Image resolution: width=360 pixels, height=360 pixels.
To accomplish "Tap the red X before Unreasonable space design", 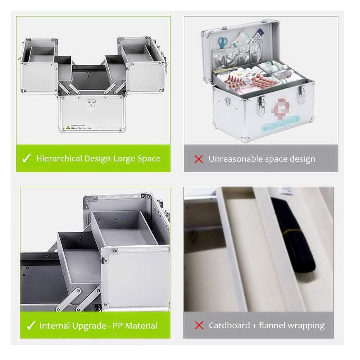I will coord(199,159).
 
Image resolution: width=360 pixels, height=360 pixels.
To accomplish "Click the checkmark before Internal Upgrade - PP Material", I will coord(31,326).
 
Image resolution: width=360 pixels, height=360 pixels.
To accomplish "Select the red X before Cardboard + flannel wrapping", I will coord(199,326).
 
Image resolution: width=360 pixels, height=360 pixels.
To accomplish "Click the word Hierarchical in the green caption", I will coord(59,159).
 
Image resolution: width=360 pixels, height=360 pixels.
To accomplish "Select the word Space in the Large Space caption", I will coord(148,159).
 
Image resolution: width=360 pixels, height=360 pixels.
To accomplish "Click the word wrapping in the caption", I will coord(306,326).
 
